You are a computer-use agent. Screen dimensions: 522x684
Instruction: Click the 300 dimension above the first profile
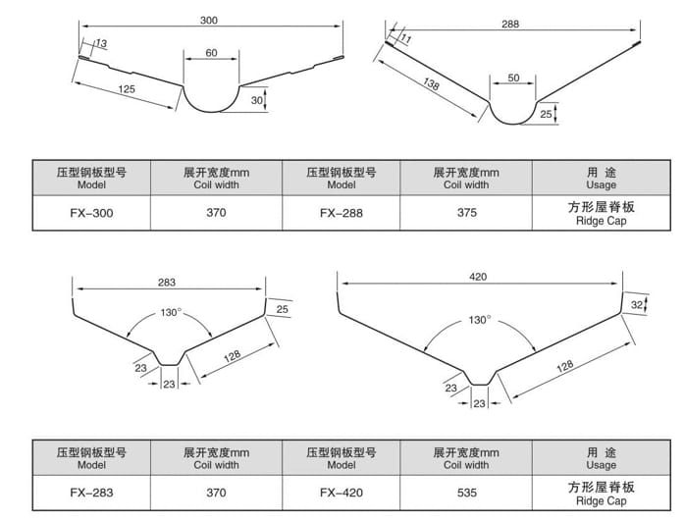click(x=207, y=20)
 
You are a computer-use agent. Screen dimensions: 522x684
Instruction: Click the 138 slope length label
click(x=430, y=86)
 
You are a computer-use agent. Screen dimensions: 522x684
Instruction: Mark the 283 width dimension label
click(x=166, y=283)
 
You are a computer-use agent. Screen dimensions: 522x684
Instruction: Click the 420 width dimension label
click(x=478, y=278)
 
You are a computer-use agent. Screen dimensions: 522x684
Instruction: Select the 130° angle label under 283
click(x=171, y=312)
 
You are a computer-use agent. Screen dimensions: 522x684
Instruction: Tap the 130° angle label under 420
click(x=479, y=320)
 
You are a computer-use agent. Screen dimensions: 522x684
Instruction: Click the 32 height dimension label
click(x=637, y=305)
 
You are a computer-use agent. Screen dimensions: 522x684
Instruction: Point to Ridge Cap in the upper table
click(x=601, y=222)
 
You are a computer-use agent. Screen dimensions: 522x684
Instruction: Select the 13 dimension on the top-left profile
click(x=102, y=42)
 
